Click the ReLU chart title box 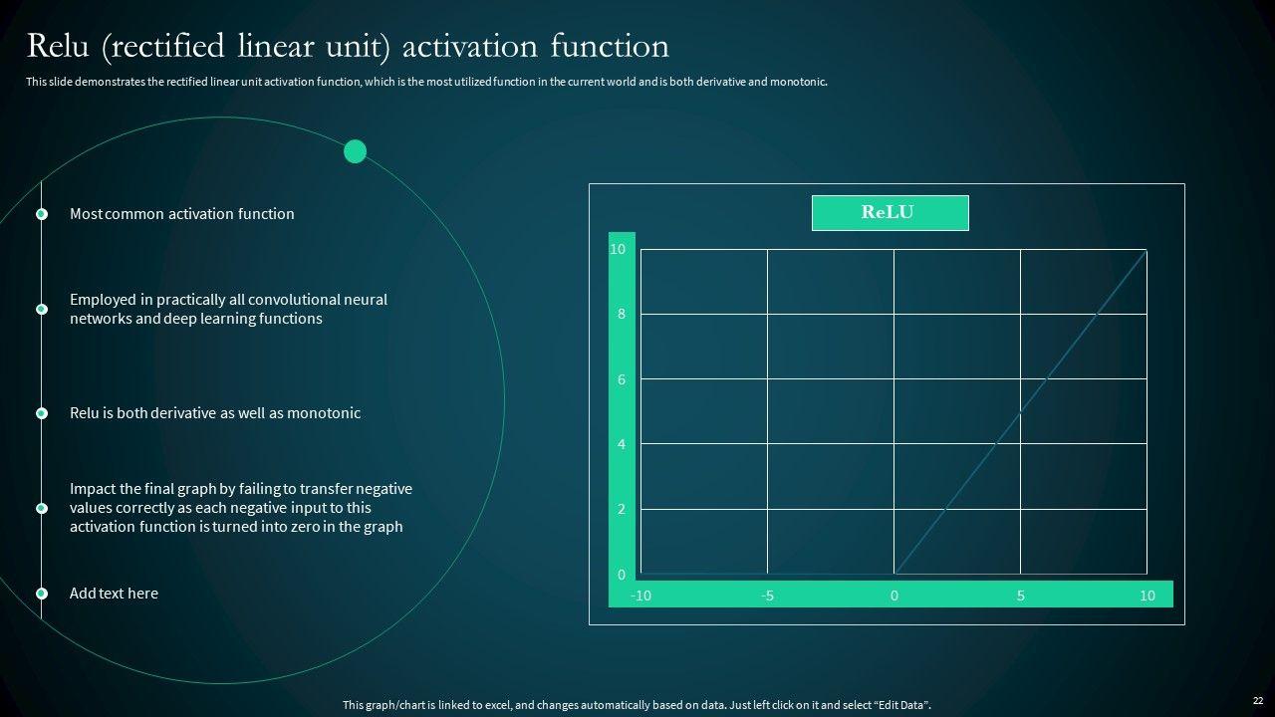891,213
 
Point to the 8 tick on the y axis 622,314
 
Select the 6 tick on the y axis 622,379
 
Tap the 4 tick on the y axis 622,444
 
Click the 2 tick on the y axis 622,509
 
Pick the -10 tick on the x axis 640,596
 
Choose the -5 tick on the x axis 767,596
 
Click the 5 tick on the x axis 1021,596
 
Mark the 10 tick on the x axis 1147,596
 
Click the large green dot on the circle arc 356,151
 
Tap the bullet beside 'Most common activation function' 42,214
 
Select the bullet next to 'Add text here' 42,594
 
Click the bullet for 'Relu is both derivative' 42,413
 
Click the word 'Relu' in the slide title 58,46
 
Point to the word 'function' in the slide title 610,46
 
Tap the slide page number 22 1258,700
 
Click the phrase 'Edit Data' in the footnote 901,705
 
